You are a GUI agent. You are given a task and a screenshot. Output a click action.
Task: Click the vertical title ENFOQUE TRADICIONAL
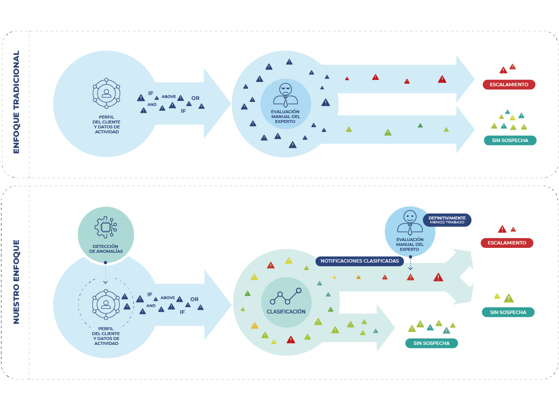pos(16,102)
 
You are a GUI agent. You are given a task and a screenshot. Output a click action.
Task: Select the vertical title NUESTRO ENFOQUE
pos(16,282)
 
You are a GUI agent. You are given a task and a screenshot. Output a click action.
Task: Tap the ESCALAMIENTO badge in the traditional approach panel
pos(508,85)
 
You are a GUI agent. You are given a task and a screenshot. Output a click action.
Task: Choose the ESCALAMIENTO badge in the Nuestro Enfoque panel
pos(507,243)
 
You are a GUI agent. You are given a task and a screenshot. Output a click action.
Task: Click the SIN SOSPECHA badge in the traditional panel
pos(510,140)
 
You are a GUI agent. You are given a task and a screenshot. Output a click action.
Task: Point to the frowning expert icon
pos(285,95)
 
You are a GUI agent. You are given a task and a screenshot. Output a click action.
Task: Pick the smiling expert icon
pos(409,222)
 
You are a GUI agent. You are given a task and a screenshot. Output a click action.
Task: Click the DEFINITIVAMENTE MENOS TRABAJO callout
pos(447,220)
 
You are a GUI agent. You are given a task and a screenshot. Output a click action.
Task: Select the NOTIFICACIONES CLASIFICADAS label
pos(359,261)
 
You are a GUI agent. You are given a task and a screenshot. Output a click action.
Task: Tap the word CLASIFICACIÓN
pos(286,312)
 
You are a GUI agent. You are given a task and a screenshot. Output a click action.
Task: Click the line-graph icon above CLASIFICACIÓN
pos(285,296)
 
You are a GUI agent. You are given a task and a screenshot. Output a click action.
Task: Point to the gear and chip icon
pos(105,227)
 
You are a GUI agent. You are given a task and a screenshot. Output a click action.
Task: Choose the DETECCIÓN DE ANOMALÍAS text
pos(105,248)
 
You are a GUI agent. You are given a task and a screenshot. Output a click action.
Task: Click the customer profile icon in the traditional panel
pos(106,93)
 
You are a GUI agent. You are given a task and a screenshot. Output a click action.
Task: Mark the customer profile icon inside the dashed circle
pos(106,305)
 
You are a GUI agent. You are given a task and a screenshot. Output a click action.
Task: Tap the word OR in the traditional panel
pos(195,98)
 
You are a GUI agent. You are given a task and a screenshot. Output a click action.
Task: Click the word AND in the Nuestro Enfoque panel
pos(151,306)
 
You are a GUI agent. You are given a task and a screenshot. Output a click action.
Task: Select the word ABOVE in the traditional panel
pos(169,97)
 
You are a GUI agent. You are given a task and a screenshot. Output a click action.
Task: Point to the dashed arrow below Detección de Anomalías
pos(105,273)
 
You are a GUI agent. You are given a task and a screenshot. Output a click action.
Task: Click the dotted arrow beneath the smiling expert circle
pos(410,263)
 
